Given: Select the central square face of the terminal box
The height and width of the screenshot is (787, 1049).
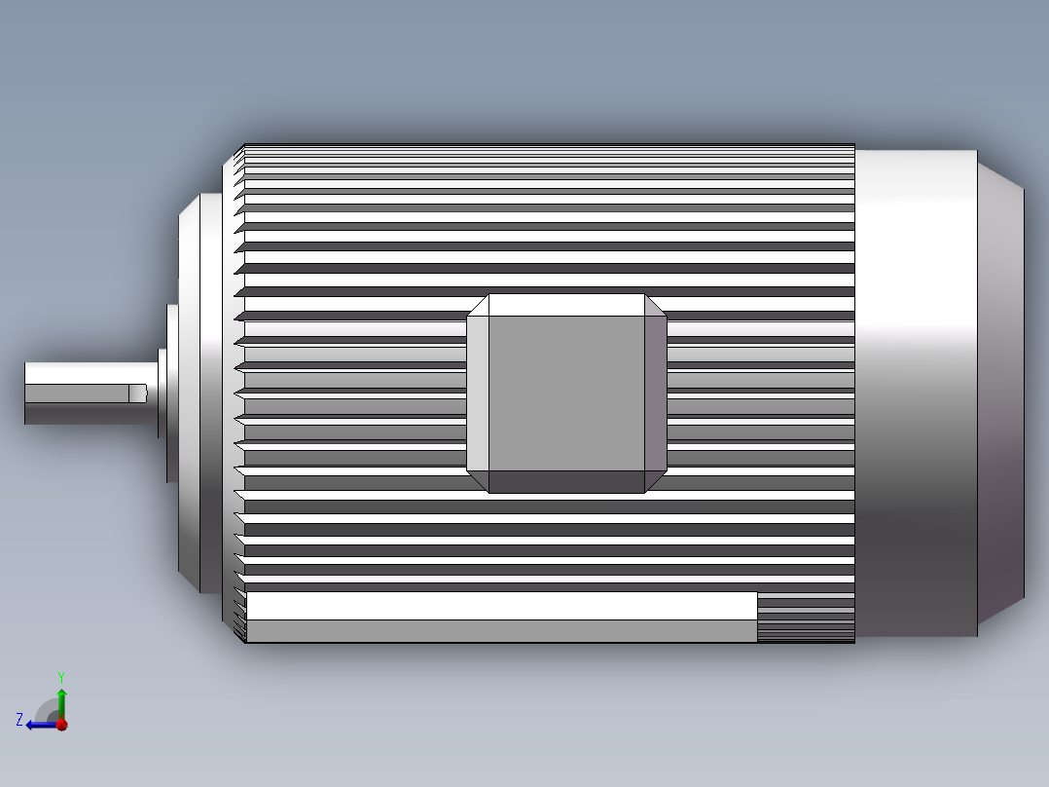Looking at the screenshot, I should click(x=566, y=393).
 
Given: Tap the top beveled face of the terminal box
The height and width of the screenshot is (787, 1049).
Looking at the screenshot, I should click(x=566, y=304).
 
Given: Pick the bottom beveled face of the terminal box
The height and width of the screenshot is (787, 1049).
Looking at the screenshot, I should click(x=566, y=482).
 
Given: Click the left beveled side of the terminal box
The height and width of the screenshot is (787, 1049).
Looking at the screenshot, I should click(x=477, y=393).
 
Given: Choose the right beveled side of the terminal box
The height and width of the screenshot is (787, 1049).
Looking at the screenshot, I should click(x=656, y=393).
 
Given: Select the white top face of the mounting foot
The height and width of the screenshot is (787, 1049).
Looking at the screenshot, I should click(x=501, y=605).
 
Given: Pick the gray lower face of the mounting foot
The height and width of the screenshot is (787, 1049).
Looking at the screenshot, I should click(x=501, y=631).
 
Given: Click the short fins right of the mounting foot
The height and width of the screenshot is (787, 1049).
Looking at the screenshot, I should click(x=806, y=618).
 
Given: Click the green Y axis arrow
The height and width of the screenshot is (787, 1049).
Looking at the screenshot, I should click(x=61, y=699).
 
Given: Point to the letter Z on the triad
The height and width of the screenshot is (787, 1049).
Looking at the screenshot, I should click(x=19, y=720).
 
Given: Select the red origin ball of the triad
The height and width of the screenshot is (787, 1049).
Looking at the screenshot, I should click(x=61, y=725).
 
